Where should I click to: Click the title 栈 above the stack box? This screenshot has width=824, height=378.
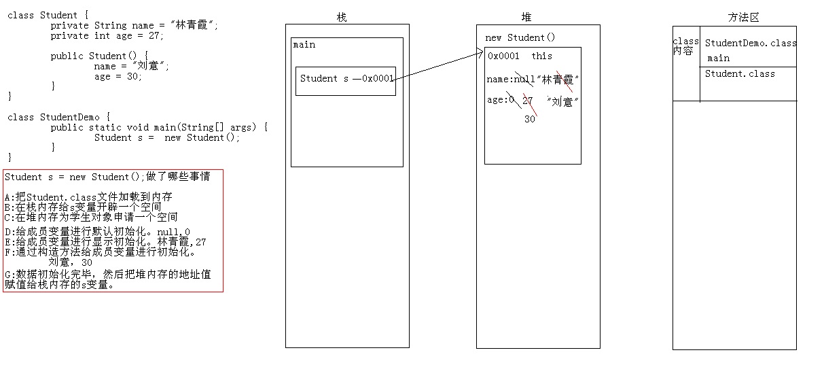click(342, 18)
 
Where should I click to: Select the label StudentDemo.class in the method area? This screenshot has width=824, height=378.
click(751, 43)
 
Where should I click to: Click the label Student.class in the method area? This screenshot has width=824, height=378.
click(740, 73)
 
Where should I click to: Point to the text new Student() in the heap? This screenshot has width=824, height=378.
click(520, 37)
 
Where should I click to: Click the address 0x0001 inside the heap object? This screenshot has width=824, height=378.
click(503, 56)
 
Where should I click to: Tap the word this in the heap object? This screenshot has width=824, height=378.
click(542, 56)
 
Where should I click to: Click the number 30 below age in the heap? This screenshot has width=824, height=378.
click(530, 119)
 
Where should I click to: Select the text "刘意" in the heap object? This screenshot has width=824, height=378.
click(562, 102)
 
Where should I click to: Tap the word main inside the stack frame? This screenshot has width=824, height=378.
click(304, 45)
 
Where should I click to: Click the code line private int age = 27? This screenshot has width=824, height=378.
click(107, 35)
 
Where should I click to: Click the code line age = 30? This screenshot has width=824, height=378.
click(118, 76)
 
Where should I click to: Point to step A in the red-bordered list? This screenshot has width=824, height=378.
click(88, 197)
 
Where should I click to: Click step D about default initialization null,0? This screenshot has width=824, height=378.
click(97, 232)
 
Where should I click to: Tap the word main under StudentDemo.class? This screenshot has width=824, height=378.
click(718, 58)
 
